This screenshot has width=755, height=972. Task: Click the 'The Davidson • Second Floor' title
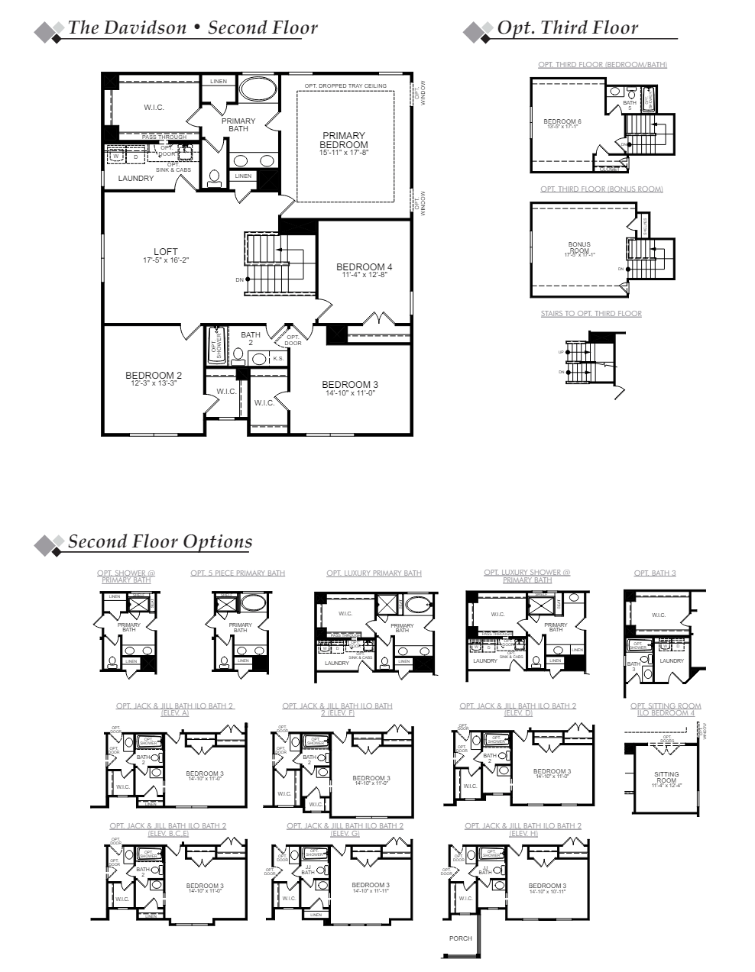(x=193, y=28)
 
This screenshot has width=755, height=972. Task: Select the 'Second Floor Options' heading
(x=160, y=542)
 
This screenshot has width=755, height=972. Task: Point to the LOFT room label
(x=166, y=253)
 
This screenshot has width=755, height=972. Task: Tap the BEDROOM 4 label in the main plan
(x=365, y=268)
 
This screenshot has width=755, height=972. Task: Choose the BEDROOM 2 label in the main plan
(x=154, y=376)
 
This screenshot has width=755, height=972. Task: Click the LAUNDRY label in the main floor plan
(x=136, y=179)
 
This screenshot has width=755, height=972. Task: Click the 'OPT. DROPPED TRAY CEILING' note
(x=345, y=86)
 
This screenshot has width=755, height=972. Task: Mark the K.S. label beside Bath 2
(x=278, y=358)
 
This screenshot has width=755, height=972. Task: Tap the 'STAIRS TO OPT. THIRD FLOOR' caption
(x=591, y=314)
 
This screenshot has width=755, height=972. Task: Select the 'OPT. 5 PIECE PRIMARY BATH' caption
(x=238, y=573)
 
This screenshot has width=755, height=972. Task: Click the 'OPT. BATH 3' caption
(x=654, y=573)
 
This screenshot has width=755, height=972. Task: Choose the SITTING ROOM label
(x=666, y=777)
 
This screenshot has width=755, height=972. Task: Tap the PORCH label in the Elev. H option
(x=461, y=938)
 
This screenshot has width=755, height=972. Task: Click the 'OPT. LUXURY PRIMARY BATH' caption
(x=374, y=573)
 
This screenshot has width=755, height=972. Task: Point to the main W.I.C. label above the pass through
(x=154, y=108)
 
